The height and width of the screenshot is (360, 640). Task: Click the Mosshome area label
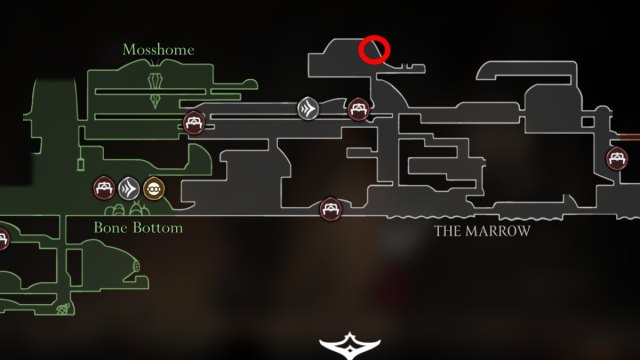(x=158, y=49)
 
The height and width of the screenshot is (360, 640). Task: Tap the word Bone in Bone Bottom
(x=111, y=227)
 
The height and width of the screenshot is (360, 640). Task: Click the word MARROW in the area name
(x=502, y=231)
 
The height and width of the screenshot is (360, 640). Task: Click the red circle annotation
(x=374, y=48)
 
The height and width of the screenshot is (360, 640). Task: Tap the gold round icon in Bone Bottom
(x=153, y=187)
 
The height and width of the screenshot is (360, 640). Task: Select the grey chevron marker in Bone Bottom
(x=128, y=187)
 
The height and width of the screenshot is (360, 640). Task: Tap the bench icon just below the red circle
(x=357, y=108)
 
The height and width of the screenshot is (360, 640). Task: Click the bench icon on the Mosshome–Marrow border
(x=193, y=124)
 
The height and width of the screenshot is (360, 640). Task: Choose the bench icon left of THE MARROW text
(x=329, y=210)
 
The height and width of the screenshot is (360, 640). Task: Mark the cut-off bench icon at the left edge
(x=3, y=238)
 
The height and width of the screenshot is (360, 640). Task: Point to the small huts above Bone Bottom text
(x=128, y=211)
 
